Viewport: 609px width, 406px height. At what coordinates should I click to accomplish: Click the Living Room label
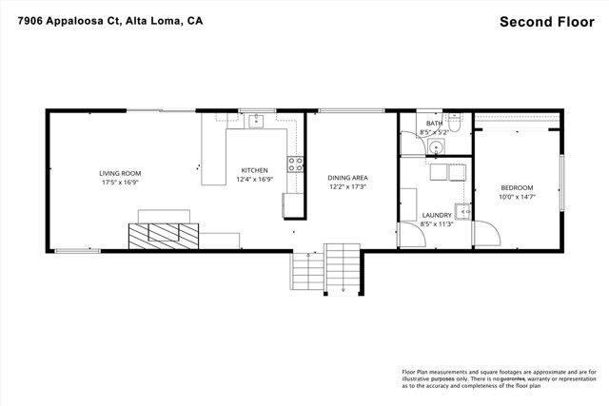(120, 173)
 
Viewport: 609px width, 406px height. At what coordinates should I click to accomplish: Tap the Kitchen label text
(253, 169)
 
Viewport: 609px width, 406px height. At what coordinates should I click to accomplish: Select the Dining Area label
(347, 178)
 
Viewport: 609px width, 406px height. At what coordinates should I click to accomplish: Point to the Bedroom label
(517, 187)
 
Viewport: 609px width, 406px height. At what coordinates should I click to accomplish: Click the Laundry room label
(437, 216)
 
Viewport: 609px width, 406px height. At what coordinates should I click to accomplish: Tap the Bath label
(434, 124)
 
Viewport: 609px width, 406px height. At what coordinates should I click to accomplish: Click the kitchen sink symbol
(255, 121)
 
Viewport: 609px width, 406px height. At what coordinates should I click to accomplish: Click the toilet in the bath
(455, 124)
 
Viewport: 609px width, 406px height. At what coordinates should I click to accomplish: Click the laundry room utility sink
(462, 211)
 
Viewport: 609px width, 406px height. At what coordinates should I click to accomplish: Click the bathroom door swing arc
(408, 144)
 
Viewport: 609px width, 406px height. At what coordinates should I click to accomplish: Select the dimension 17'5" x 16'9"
(120, 183)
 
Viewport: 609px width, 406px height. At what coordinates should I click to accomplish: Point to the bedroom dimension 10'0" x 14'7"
(517, 197)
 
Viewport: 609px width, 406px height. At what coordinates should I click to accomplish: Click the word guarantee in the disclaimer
(498, 378)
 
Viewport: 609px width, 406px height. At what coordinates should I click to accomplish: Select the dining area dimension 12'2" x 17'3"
(347, 187)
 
